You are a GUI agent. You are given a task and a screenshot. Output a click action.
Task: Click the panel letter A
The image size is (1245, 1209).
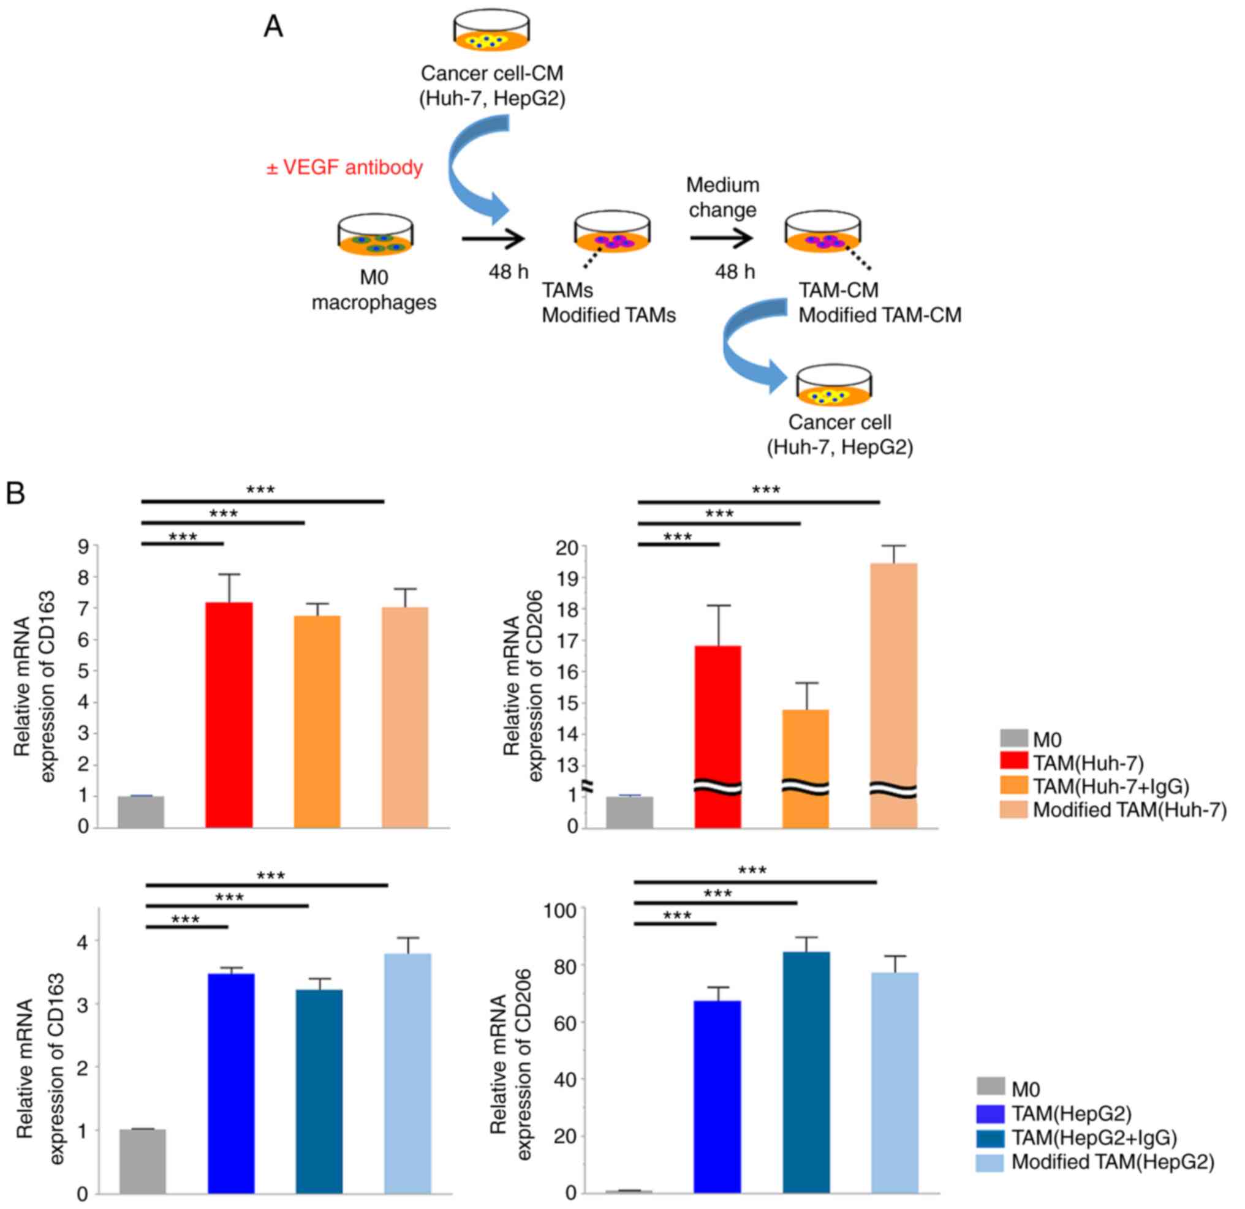(273, 27)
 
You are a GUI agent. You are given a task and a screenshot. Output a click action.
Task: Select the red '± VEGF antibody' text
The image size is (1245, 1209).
(344, 167)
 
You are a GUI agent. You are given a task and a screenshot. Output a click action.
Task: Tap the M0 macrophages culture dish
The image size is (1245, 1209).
(375, 235)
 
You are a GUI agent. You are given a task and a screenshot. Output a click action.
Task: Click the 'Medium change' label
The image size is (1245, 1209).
(722, 197)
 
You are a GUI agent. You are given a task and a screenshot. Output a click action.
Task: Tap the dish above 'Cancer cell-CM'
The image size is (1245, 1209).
(491, 31)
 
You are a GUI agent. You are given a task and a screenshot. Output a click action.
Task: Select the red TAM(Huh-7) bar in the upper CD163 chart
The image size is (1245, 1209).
(229, 714)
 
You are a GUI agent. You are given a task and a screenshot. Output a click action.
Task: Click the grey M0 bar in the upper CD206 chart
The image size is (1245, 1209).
(629, 812)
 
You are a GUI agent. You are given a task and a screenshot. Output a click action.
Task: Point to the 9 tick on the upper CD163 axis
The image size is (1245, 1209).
(84, 546)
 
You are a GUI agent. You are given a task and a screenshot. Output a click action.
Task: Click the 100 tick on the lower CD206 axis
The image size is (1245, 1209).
(559, 911)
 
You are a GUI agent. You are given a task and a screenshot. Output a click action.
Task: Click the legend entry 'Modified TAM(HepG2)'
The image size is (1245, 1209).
(1112, 1162)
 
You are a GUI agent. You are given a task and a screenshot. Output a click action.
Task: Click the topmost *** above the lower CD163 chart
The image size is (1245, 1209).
(271, 876)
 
